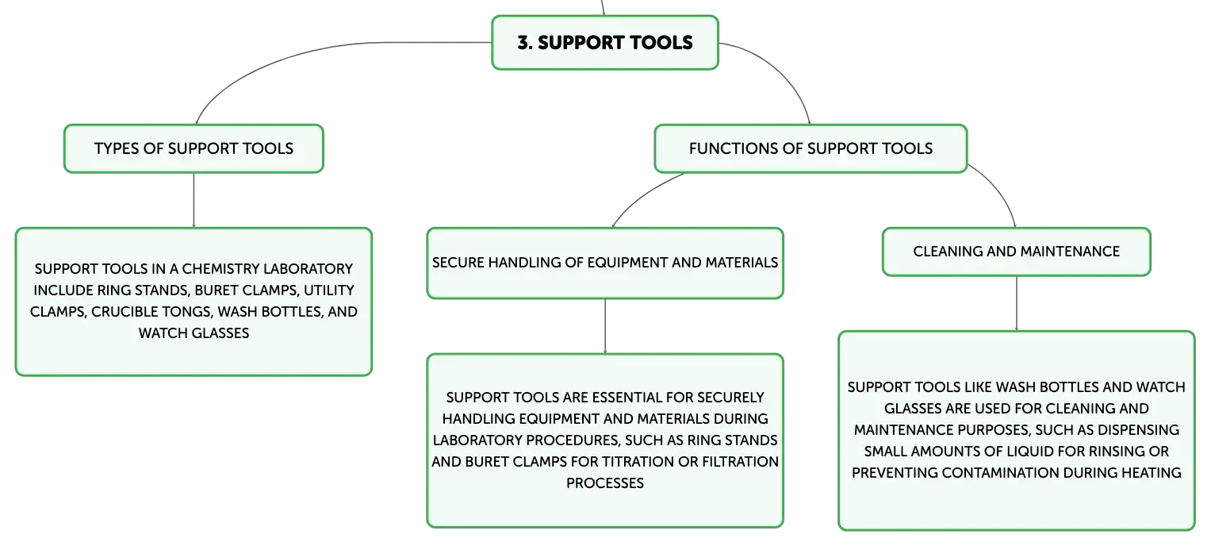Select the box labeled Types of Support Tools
194,149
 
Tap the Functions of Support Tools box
811,149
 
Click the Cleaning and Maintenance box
1017,252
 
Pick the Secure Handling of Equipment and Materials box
605,263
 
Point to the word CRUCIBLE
123,312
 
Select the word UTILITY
328,290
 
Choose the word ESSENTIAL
627,398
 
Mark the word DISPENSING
1140,430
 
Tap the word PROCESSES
605,483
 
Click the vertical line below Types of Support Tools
194,200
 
